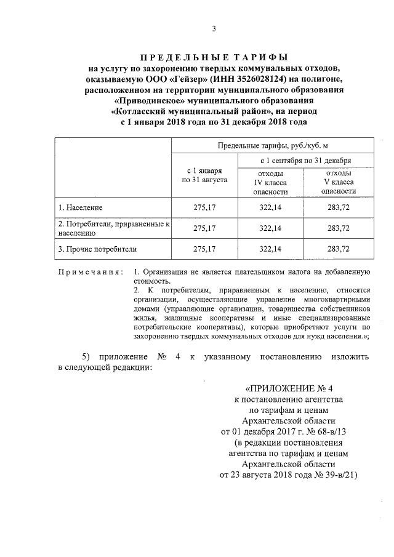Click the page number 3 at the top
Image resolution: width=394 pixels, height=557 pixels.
[x=213, y=28]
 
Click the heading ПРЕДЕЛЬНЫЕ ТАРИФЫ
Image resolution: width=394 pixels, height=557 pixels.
[x=212, y=57]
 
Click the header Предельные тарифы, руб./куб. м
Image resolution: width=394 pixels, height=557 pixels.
[x=271, y=145]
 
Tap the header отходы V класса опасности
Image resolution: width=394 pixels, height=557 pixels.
[x=339, y=182]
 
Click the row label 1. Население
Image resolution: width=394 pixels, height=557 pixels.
[x=81, y=207]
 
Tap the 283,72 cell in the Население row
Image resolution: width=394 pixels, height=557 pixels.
[x=339, y=207]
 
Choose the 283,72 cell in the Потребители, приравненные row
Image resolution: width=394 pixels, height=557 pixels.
[x=339, y=228]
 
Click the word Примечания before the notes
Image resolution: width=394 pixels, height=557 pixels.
[x=90, y=271]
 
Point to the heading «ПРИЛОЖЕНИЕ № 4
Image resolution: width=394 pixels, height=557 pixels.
[x=289, y=388]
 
